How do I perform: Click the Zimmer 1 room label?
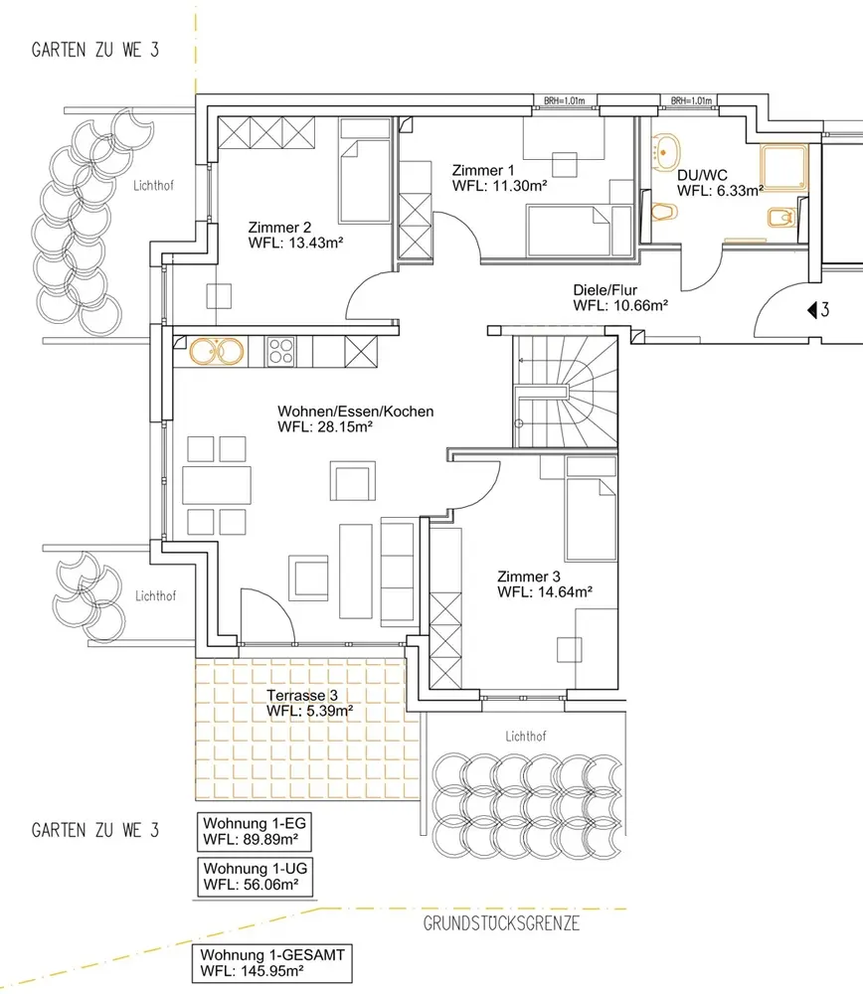pyautogui.click(x=483, y=171)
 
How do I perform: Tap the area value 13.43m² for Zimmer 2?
pyautogui.click(x=314, y=243)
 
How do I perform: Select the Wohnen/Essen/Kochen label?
pyautogui.click(x=356, y=412)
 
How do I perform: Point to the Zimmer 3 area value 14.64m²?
pyautogui.click(x=563, y=592)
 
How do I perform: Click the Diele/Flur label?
pyautogui.click(x=604, y=290)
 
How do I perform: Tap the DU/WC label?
pyautogui.click(x=702, y=176)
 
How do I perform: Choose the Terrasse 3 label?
pyautogui.click(x=302, y=696)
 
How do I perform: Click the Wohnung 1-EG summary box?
pyautogui.click(x=255, y=832)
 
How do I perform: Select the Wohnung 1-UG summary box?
pyautogui.click(x=256, y=877)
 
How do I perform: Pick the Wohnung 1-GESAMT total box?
pyautogui.click(x=272, y=963)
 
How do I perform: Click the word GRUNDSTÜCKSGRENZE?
pyautogui.click(x=501, y=923)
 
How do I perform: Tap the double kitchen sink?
pyautogui.click(x=217, y=352)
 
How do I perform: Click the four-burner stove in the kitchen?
pyautogui.click(x=281, y=352)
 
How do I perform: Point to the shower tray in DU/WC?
pyautogui.click(x=784, y=168)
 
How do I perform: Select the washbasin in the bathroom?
pyautogui.click(x=665, y=153)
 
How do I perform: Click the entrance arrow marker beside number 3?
pyautogui.click(x=811, y=310)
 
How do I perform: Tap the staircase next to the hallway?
pyautogui.click(x=565, y=391)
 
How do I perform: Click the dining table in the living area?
pyautogui.click(x=217, y=485)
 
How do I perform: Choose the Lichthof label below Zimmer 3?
pyautogui.click(x=526, y=736)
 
